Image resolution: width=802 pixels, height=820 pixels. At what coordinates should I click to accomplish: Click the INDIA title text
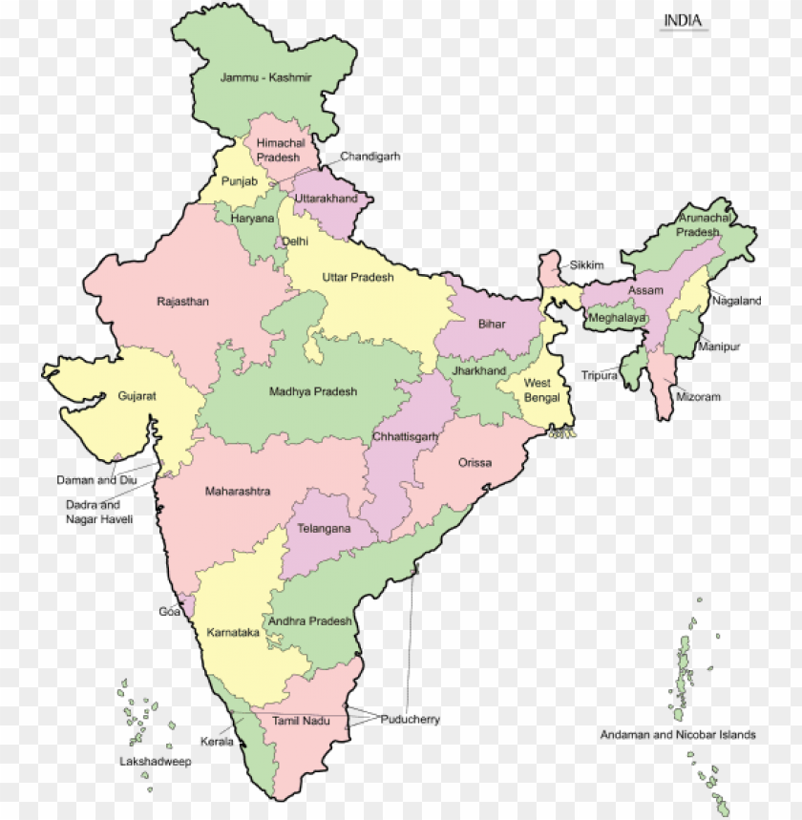[684, 20]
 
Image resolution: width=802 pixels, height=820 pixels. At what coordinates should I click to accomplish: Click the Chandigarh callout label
[370, 156]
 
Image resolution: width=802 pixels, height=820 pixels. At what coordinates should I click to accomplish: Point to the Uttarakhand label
[326, 199]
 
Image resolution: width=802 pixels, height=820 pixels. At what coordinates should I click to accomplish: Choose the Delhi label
[294, 242]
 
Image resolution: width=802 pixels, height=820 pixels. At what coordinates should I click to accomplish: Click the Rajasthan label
[182, 302]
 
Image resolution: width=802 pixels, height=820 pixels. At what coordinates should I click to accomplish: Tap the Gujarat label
[137, 395]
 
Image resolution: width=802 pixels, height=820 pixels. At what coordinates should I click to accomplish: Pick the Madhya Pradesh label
[313, 391]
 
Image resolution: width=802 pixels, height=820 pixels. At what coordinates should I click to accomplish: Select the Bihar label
[492, 325]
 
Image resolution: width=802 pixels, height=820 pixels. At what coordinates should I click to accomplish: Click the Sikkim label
[588, 265]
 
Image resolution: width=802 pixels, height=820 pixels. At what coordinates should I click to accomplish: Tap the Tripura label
[600, 375]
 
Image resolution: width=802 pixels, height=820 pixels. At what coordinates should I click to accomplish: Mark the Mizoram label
[699, 396]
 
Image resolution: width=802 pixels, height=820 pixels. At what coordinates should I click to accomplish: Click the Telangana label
[324, 528]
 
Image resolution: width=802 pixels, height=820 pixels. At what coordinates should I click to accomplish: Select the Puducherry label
[411, 720]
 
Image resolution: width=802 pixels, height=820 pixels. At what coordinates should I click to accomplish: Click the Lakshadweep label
[156, 761]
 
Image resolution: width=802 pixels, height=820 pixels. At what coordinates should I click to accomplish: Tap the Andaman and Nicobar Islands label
[678, 735]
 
